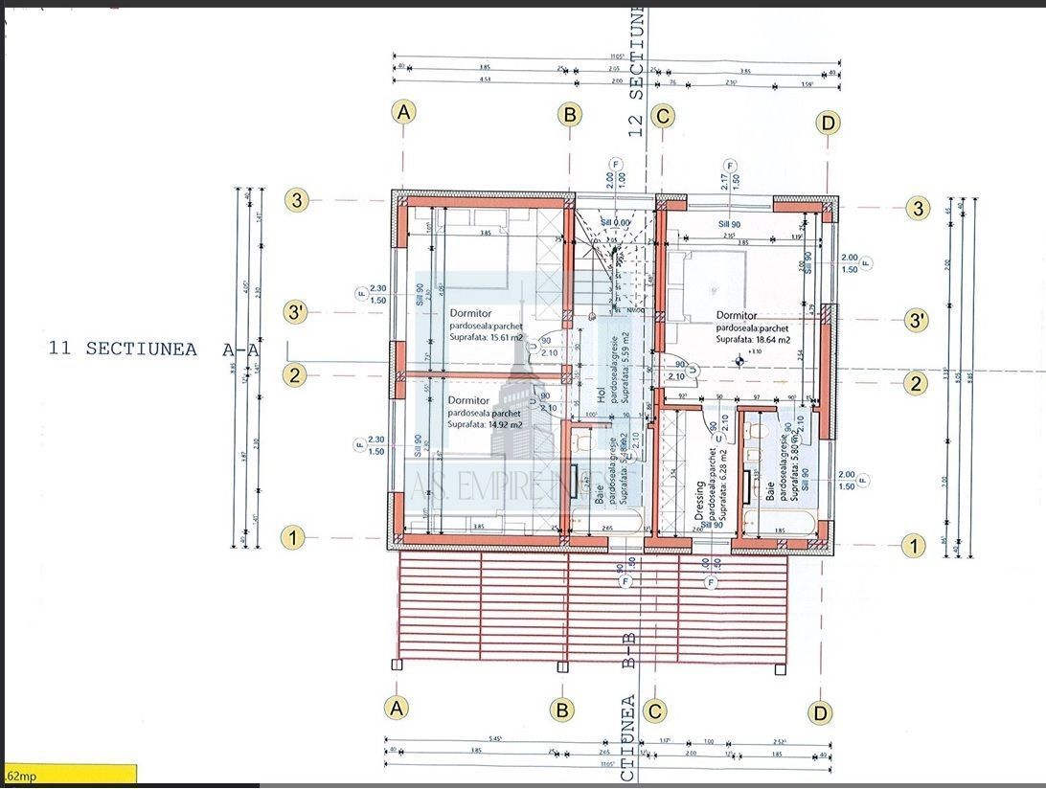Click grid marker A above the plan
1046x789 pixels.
(x=404, y=112)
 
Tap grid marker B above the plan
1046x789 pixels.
(x=570, y=115)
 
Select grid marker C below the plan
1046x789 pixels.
(x=655, y=710)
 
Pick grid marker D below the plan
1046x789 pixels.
(x=820, y=712)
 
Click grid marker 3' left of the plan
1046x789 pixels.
(x=295, y=312)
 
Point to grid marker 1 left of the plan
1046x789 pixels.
(x=293, y=538)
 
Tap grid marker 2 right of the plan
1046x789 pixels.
(x=917, y=384)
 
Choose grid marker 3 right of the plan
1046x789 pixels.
(x=919, y=208)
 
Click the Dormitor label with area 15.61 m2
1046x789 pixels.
(x=470, y=313)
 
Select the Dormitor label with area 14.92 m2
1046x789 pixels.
(x=469, y=400)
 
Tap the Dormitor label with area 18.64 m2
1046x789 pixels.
(x=737, y=315)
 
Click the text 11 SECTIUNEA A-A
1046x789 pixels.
(x=153, y=349)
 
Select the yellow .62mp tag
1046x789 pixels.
(x=68, y=775)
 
